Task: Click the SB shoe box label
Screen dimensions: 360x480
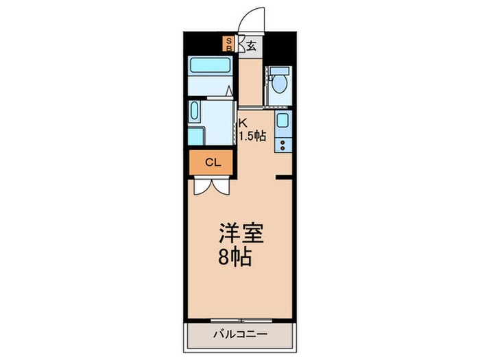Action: (230, 45)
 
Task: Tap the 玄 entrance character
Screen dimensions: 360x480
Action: (252, 46)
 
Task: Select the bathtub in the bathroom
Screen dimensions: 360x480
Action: (210, 66)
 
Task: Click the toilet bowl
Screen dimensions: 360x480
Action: (279, 85)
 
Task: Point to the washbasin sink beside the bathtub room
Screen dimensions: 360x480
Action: (195, 112)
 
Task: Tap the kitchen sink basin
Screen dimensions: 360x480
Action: (283, 121)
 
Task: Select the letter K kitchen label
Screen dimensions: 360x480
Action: (242, 123)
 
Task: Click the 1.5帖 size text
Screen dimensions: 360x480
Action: (252, 136)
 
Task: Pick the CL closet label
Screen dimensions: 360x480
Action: (213, 163)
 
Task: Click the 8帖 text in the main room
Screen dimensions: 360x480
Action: (235, 259)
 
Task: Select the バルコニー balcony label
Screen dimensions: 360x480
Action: (239, 335)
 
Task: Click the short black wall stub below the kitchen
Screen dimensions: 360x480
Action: (284, 178)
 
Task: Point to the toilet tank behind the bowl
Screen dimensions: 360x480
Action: (279, 71)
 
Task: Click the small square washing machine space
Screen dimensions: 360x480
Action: (195, 136)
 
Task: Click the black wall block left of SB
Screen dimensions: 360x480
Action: (204, 43)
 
